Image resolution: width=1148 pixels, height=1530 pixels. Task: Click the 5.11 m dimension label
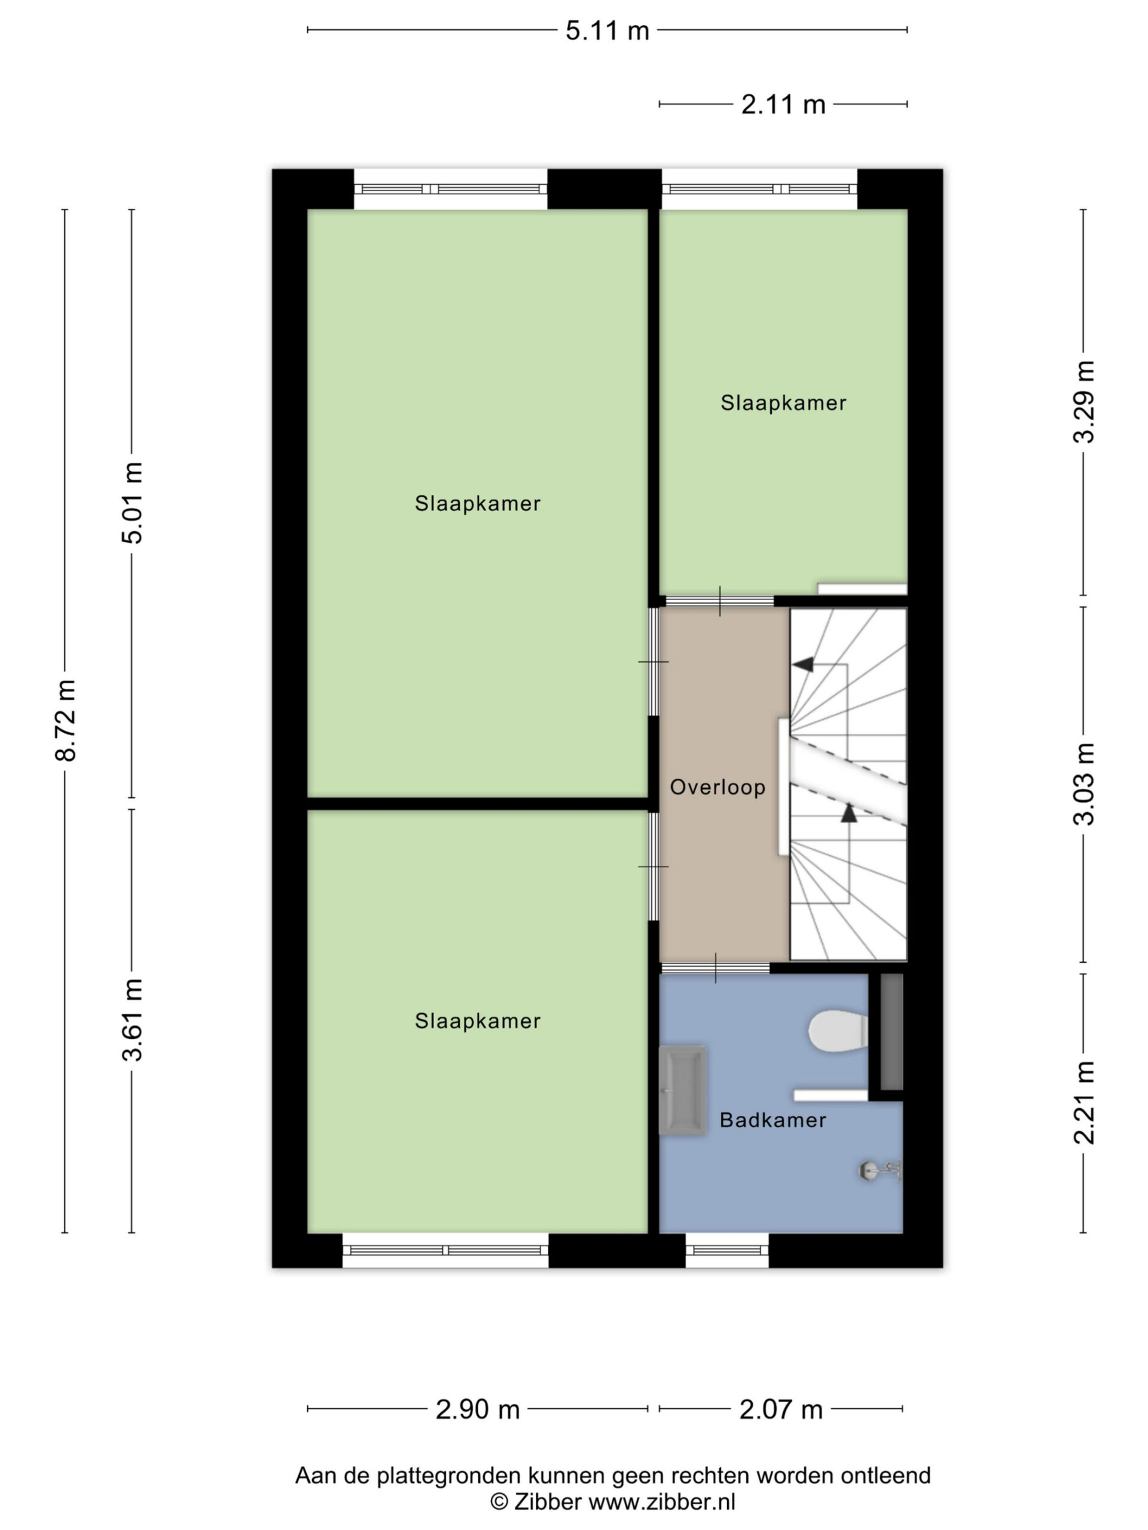pyautogui.click(x=607, y=30)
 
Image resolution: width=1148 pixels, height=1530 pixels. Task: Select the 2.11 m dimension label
pyautogui.click(x=783, y=105)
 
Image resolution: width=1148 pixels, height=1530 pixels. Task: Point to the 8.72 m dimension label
pyautogui.click(x=66, y=720)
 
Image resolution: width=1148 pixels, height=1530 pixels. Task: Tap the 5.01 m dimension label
pyautogui.click(x=132, y=503)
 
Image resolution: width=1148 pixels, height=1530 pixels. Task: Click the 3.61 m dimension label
pyautogui.click(x=132, y=1020)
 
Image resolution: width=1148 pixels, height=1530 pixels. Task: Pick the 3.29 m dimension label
pyautogui.click(x=1083, y=401)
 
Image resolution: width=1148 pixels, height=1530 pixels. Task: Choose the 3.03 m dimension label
pyautogui.click(x=1083, y=784)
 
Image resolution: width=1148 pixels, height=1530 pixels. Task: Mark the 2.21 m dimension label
pyautogui.click(x=1083, y=1103)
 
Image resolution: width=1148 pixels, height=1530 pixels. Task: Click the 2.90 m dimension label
pyautogui.click(x=478, y=1409)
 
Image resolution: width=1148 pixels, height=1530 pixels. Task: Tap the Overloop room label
pyautogui.click(x=717, y=787)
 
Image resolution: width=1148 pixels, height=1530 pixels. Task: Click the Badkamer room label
pyautogui.click(x=773, y=1120)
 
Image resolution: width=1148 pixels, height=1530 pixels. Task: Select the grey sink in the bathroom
pyautogui.click(x=683, y=1090)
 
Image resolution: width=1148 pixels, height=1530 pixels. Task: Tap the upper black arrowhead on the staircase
pyautogui.click(x=802, y=665)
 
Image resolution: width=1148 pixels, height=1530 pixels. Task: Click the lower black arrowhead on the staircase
pyautogui.click(x=849, y=813)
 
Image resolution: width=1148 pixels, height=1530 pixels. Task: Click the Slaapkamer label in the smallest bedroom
pyautogui.click(x=783, y=403)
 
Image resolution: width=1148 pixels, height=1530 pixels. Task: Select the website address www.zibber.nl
pyautogui.click(x=661, y=1501)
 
